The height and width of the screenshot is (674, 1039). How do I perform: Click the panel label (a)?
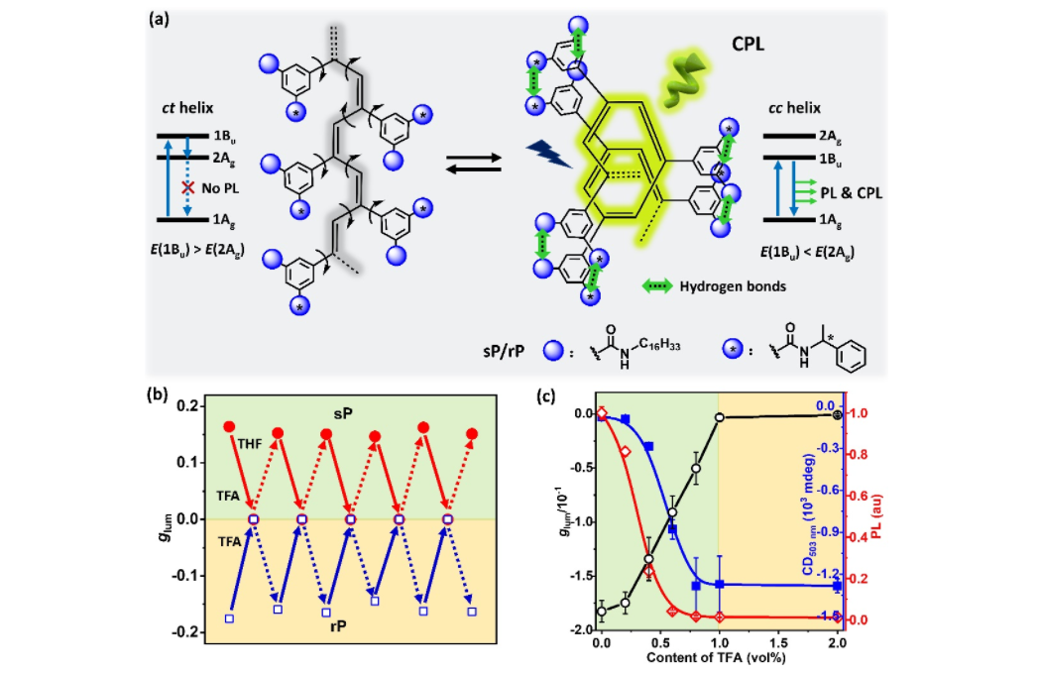[160, 19]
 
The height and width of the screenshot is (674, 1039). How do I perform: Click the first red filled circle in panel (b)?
[230, 426]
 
